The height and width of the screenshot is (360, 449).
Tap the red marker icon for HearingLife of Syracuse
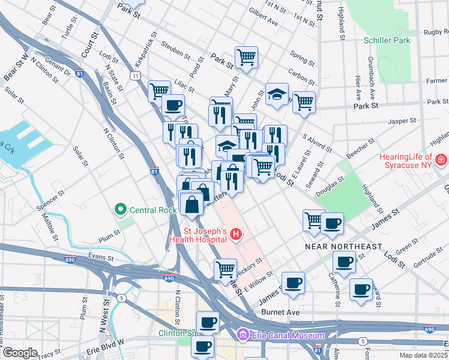click(442, 160)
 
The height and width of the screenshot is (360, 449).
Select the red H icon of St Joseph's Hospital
click(237, 234)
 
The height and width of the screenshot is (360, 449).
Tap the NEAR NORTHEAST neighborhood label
click(343, 247)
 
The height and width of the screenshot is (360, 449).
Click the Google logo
click(19, 353)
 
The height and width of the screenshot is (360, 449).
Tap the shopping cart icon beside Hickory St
click(225, 268)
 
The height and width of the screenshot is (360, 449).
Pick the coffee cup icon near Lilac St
click(173, 104)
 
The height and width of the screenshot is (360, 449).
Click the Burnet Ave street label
click(280, 313)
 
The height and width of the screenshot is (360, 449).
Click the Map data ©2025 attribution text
click(423, 355)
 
